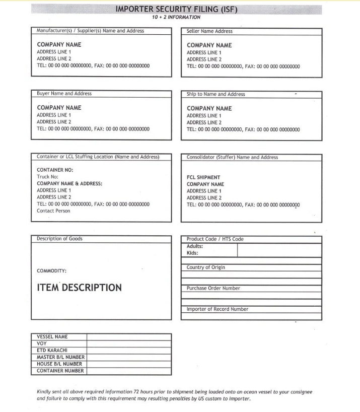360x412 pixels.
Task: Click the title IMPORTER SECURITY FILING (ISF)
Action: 176,9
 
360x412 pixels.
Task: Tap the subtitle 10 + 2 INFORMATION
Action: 176,17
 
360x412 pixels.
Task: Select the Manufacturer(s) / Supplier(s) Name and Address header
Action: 90,31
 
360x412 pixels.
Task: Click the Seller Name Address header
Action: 209,31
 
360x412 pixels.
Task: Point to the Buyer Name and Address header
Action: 64,94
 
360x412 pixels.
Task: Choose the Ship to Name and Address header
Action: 215,94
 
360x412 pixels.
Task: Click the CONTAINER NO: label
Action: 55,170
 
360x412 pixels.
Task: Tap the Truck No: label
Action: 48,177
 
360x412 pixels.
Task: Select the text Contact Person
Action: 53,211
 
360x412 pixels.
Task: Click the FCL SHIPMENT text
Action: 203,177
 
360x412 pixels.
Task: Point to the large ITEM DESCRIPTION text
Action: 79,288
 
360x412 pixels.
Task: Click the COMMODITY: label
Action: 52,271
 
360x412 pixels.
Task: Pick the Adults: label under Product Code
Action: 195,246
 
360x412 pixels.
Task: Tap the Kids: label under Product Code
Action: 192,253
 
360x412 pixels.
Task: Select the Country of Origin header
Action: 205,267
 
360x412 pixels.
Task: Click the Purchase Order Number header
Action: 213,289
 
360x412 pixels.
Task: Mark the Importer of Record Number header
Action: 217,309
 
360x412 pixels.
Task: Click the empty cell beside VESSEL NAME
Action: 129,337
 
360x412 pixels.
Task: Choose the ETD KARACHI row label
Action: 52,351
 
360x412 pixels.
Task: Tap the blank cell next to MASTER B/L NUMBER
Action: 129,357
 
